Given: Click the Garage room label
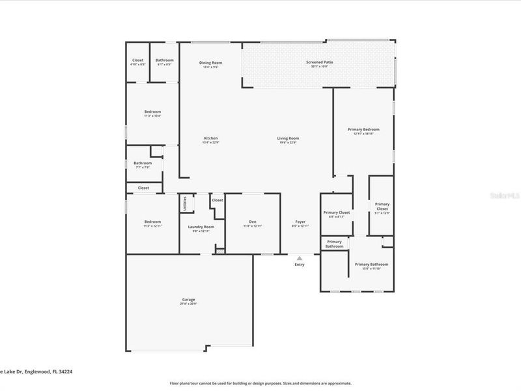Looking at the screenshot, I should [x=188, y=300].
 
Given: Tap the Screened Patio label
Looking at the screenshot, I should [x=319, y=62].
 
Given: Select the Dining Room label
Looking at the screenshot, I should [x=210, y=63].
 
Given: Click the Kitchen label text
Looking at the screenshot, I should [x=210, y=138].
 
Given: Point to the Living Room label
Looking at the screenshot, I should [x=288, y=138].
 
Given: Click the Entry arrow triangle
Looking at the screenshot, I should [x=300, y=258].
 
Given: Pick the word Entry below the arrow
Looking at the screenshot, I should [x=300, y=265].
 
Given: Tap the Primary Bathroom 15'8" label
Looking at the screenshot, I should [x=371, y=264].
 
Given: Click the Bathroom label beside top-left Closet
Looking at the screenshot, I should [x=164, y=60].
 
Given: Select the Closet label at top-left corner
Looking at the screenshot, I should [x=138, y=60].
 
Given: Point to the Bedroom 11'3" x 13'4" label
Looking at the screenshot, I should [x=152, y=111].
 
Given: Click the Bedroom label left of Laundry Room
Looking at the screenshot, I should [x=152, y=222].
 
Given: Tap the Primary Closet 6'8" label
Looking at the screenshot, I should [x=337, y=213].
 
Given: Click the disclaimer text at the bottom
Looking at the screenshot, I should [x=260, y=383].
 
